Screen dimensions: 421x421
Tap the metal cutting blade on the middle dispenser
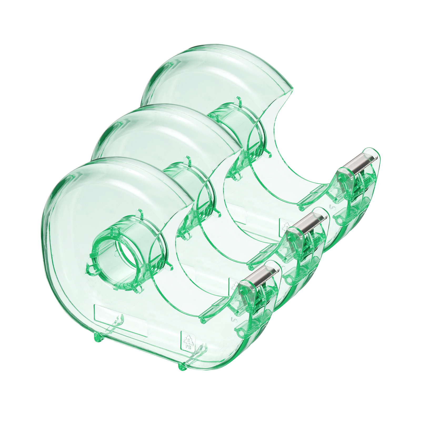click(309, 221)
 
